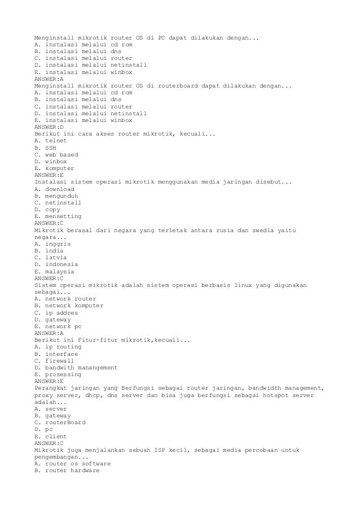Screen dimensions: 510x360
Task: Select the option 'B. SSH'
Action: (x=45, y=147)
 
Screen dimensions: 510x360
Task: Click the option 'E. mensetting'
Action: (x=58, y=216)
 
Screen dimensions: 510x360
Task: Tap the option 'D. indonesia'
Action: (x=56, y=264)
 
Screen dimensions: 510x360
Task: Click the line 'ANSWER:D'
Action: (x=49, y=127)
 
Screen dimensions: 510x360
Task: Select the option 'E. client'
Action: (x=50, y=436)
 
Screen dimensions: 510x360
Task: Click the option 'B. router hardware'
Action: (x=67, y=470)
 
